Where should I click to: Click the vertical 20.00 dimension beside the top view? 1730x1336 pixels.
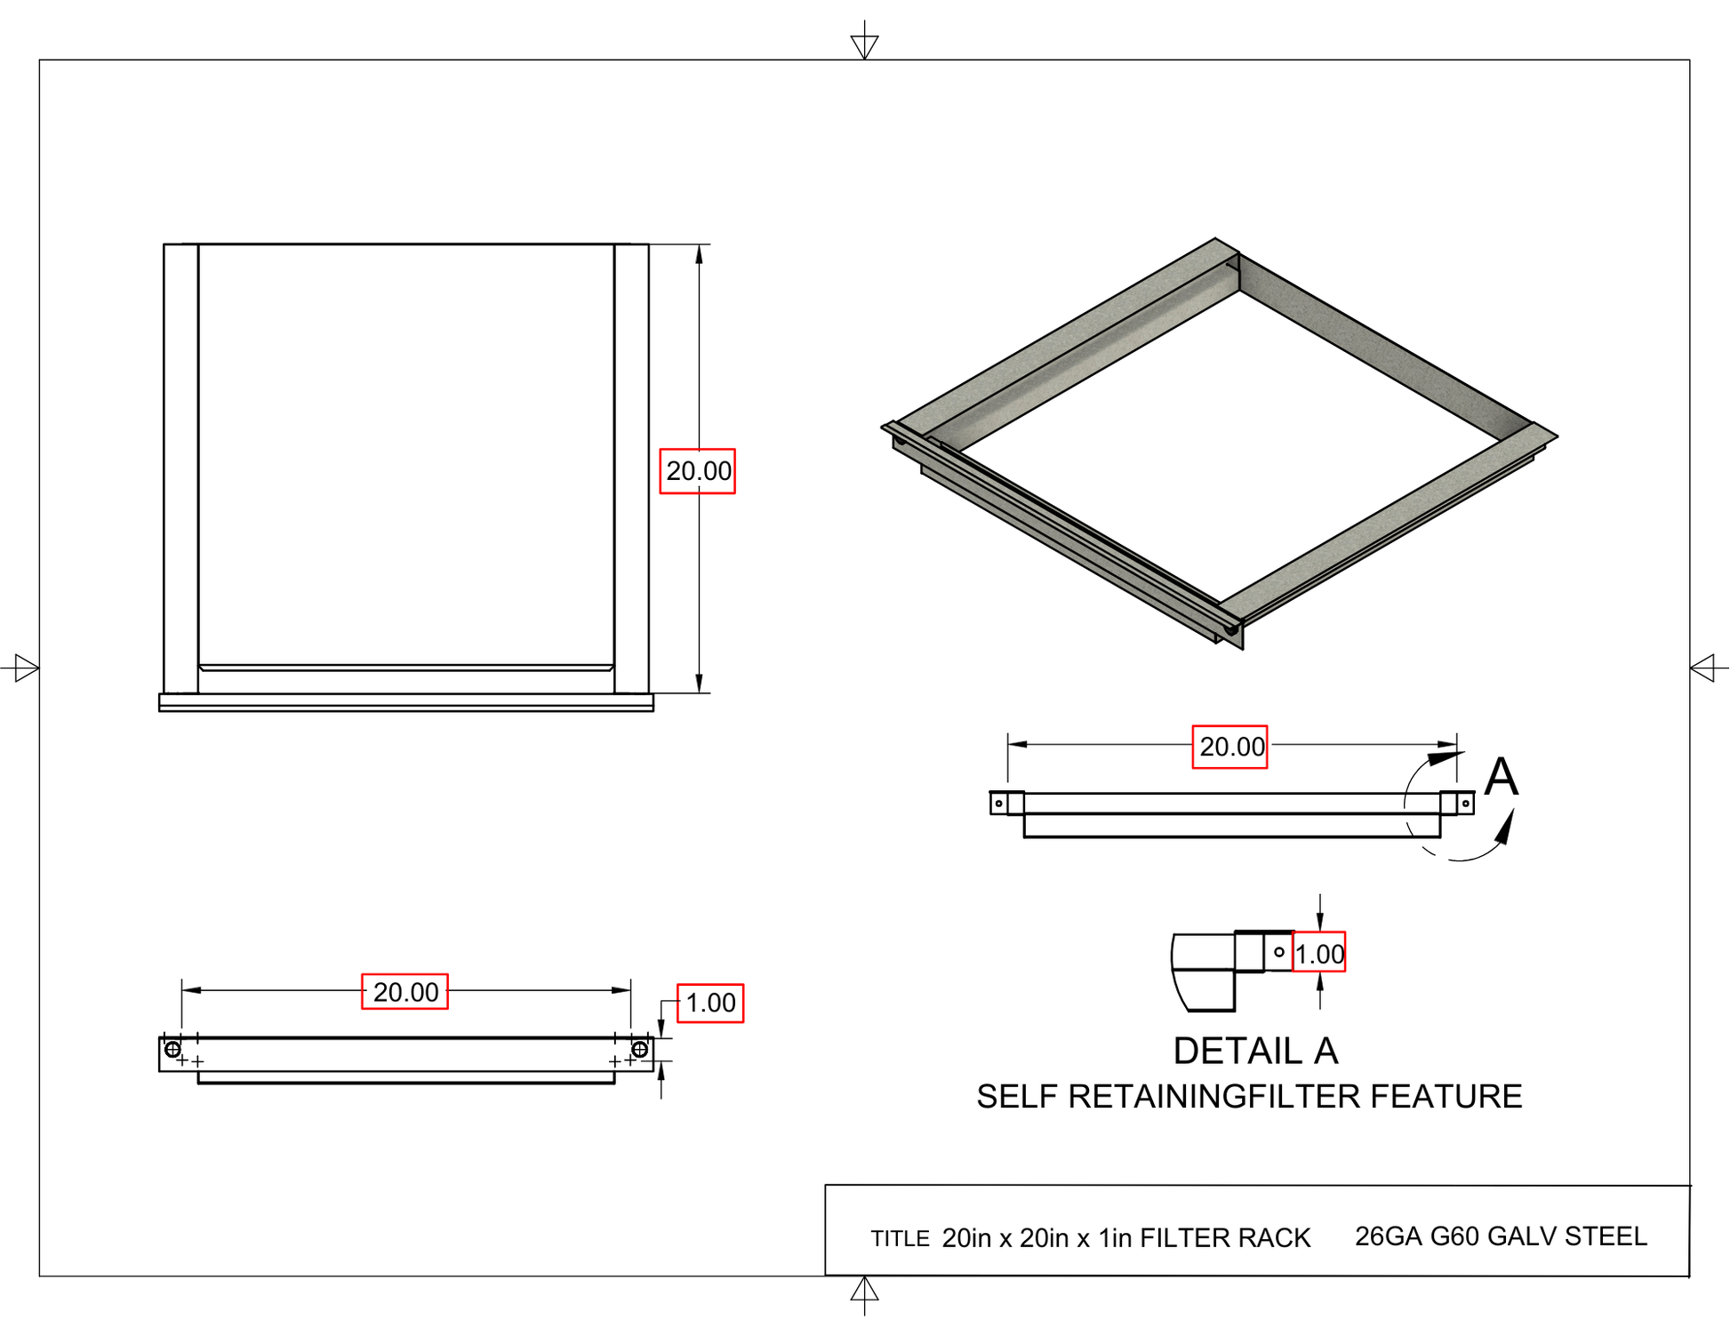coord(698,471)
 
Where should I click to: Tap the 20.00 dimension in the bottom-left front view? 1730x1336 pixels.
coord(404,992)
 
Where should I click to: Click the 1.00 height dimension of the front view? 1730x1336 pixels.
coord(710,1004)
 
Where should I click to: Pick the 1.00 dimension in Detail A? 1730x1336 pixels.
coord(1318,953)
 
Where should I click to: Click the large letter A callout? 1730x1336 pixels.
coord(1501,777)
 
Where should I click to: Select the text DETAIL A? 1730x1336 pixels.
coord(1255,1052)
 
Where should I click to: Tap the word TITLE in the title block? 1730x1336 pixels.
coord(900,1239)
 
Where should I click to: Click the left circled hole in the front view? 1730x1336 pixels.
coord(172,1050)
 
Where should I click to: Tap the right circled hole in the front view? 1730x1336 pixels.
coord(639,1050)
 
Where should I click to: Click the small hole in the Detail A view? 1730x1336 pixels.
coord(1279,952)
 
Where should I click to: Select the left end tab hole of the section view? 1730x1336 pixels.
coord(998,804)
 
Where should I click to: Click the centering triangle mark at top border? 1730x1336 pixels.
coord(864,45)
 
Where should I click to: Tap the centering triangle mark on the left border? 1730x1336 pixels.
coord(26,668)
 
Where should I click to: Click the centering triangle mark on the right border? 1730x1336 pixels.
coord(1702,668)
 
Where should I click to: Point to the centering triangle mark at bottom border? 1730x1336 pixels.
coord(864,1290)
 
